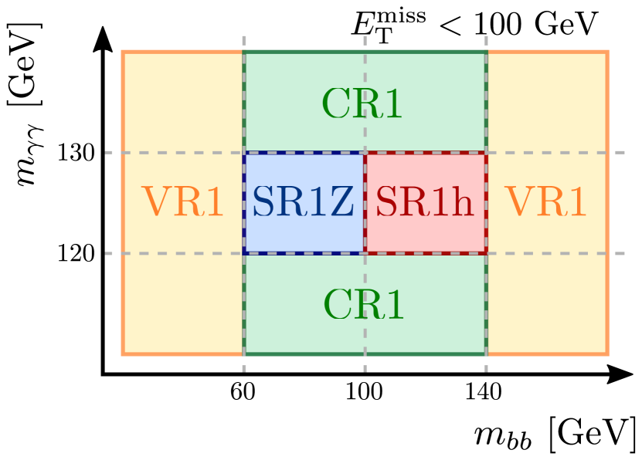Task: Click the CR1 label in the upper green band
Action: coord(362,104)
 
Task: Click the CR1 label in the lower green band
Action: coord(363,305)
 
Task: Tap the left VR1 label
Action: coord(182,204)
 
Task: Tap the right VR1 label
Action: coord(545,204)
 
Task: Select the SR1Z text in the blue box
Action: coord(303,204)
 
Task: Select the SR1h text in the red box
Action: coord(424,204)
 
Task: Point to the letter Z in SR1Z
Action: coord(341,204)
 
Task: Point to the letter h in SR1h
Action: coord(462,204)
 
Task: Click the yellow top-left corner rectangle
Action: coord(183,102)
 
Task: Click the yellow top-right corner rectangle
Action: coord(547,102)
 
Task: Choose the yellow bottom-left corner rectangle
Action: coord(183,303)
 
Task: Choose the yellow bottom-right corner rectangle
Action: coord(547,303)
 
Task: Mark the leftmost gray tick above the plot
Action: coord(244,40)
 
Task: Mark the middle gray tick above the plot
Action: coord(365,40)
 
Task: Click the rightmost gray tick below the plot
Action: coord(486,368)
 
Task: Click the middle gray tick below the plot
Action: coord(365,368)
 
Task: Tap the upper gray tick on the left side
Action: coord(109,152)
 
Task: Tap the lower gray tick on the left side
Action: coord(109,253)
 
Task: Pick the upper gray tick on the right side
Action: coord(620,152)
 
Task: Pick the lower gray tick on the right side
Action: coord(620,253)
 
